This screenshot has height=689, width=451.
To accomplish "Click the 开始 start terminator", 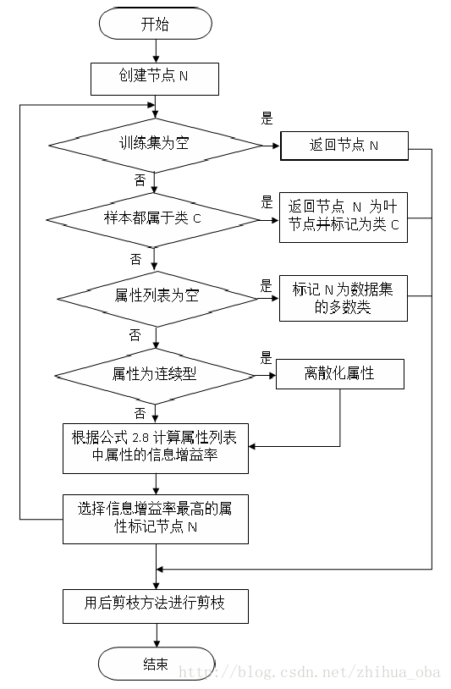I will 155,25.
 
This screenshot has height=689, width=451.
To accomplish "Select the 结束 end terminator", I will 155,664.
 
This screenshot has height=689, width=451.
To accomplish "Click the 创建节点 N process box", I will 155,80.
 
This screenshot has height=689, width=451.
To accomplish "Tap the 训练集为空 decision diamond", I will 154,144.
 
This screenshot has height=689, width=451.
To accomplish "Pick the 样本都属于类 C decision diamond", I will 154,219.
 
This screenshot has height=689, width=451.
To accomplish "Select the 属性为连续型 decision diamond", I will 155,373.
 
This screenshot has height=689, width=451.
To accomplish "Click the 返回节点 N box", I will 344,146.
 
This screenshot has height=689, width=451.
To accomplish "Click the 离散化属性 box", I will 339,373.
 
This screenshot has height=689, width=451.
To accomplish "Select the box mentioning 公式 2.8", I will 156,448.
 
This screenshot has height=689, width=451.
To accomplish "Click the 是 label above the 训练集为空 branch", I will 267,119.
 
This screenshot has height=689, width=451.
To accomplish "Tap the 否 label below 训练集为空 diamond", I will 139,180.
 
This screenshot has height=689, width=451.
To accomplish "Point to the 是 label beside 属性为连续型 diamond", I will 265,357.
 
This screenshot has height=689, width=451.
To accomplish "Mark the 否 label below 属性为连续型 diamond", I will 139,411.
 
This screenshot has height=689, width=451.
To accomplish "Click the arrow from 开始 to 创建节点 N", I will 155,50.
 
